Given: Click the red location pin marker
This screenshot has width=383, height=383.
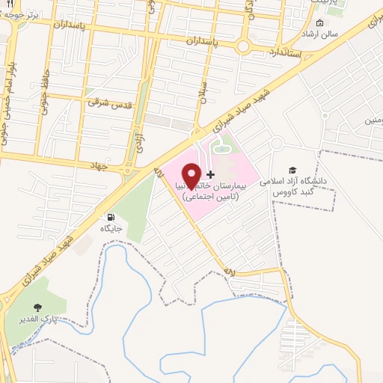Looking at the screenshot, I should tap(192, 175).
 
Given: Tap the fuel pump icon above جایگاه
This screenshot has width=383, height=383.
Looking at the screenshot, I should tap(112, 217).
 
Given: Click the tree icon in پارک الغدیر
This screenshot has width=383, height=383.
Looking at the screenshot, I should tap(37, 307).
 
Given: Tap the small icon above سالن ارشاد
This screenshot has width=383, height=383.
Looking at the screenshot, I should tap(320, 23).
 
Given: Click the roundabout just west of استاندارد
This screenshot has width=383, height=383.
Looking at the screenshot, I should tap(242, 46).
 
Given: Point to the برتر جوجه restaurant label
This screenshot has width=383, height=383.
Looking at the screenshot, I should tap(22, 13).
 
